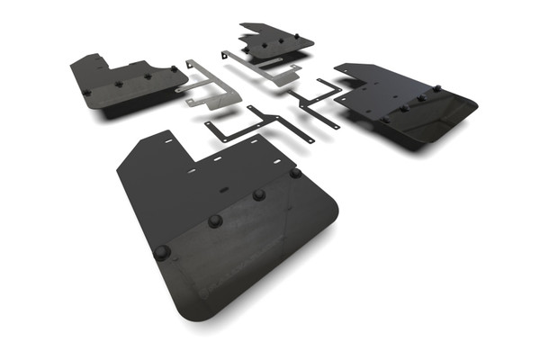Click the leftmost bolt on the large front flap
click(x=162, y=253)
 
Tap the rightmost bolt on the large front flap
click(x=295, y=172)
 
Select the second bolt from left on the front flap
click(x=215, y=220)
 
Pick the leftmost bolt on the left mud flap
click(x=86, y=92)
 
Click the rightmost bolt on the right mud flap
click(x=436, y=89)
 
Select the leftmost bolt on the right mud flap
click(x=385, y=119)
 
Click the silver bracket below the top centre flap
click(x=265, y=68)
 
